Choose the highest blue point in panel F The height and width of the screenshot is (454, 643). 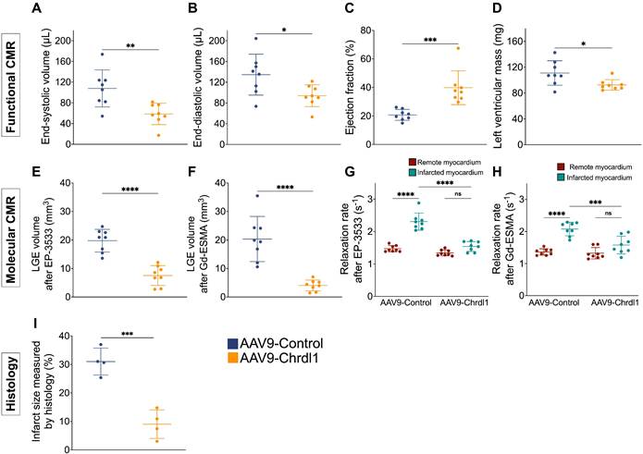[x=259, y=195]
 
